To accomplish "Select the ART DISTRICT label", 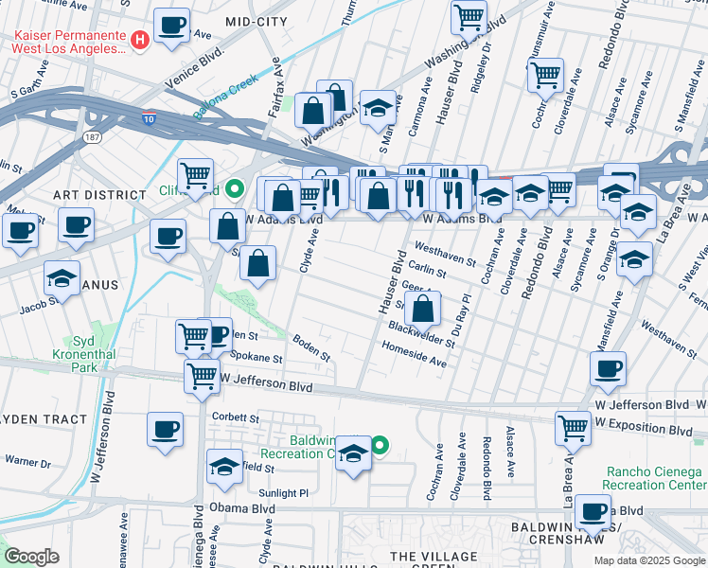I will (x=91, y=194).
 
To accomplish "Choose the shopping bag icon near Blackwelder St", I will (x=426, y=308).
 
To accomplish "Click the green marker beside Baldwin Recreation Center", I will (x=381, y=444).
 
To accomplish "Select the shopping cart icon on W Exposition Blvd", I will (x=573, y=428).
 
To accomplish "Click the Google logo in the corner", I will (x=32, y=557).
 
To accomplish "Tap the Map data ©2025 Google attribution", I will (x=648, y=560).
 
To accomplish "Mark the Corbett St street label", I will (x=237, y=417).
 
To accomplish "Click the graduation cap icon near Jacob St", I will (x=62, y=278).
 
